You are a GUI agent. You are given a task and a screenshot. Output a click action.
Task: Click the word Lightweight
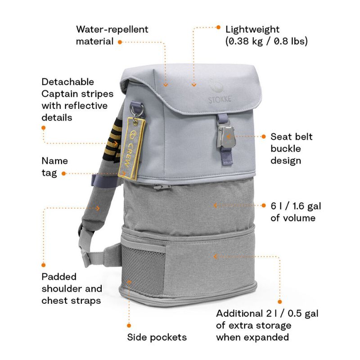(252, 30)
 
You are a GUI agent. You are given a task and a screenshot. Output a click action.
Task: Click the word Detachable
(67, 82)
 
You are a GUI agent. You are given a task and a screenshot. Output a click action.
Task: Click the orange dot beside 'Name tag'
(63, 173)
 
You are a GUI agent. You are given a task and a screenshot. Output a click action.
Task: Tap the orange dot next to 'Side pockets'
(129, 325)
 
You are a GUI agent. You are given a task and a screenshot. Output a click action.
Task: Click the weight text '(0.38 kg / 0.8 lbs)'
(266, 41)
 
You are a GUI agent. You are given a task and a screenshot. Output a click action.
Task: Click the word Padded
(59, 277)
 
